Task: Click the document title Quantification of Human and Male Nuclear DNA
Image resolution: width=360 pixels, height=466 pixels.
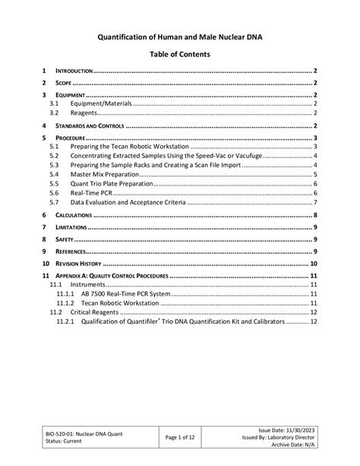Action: pyautogui.click(x=179, y=35)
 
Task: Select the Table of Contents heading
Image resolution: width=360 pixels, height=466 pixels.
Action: pyautogui.click(x=179, y=55)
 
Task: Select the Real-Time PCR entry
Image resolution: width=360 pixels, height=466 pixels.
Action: pyautogui.click(x=91, y=193)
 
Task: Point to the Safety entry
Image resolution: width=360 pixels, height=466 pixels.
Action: pyautogui.click(x=64, y=239)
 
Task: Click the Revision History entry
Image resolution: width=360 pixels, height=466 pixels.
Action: pyautogui.click(x=84, y=263)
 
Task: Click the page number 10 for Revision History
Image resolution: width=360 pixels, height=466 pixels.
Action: pyautogui.click(x=313, y=263)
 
